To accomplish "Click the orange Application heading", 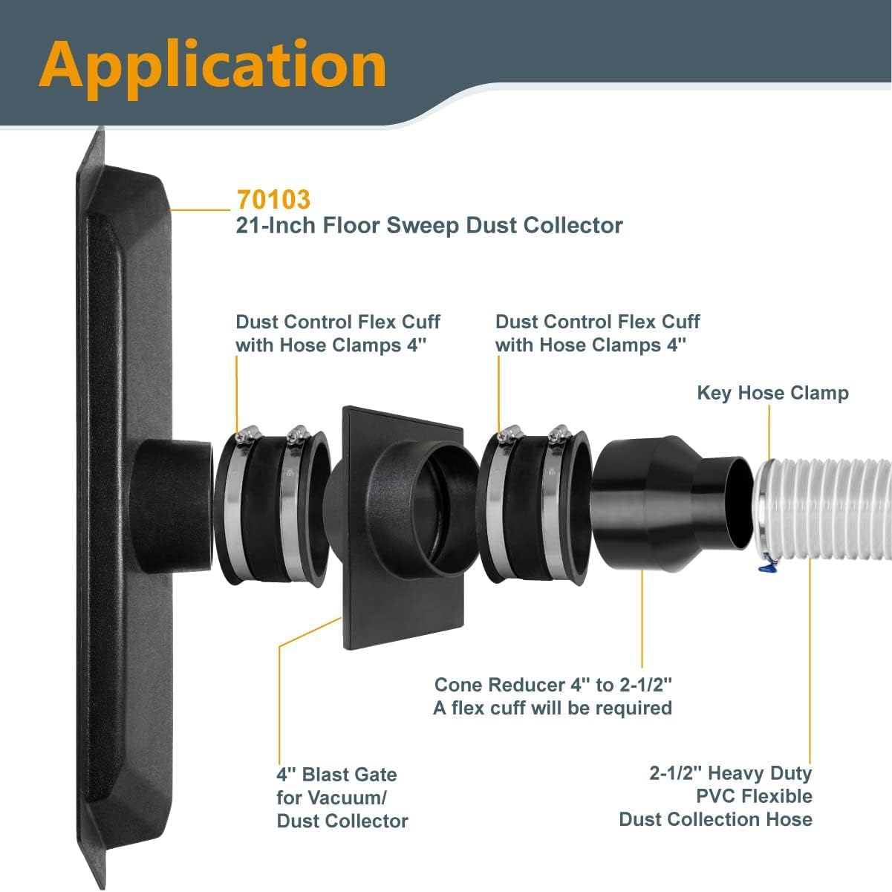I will coord(213,65).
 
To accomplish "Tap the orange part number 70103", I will coord(273,200).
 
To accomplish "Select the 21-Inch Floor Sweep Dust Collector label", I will coord(429,225).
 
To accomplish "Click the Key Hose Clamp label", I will coord(772,393).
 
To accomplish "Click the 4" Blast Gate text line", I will coord(336,775).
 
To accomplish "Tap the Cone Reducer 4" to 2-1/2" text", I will coord(553,685).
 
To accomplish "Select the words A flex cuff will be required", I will coord(553,708).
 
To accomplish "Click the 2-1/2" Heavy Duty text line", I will coord(730,773).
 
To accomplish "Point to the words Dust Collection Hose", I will coord(715,819).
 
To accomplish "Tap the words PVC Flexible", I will coord(754,796).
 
